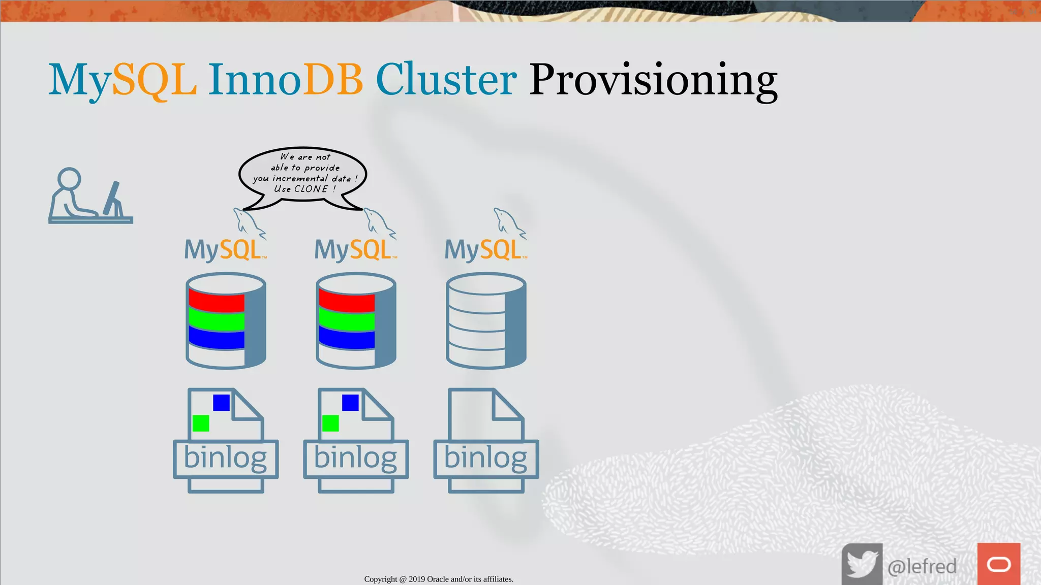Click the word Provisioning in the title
pos(653,80)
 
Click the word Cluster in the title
pos(446,80)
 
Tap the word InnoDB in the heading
pos(285,80)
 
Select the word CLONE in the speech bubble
pos(311,189)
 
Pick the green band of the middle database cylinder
pos(347,321)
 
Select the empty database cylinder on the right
pos(485,321)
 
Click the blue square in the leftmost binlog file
pos(222,403)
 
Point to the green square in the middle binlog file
pos(330,423)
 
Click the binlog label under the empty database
pos(485,458)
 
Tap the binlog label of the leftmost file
pos(225,458)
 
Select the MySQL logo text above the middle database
pos(354,250)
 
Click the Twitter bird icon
pos(862,564)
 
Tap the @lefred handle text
pos(922,566)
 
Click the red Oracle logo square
pos(998,564)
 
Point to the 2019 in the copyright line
pos(416,579)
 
